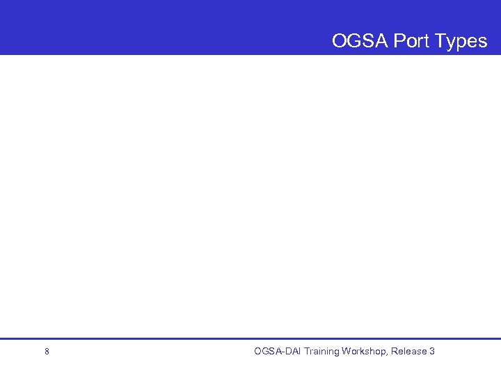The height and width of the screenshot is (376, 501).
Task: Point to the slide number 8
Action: click(47, 352)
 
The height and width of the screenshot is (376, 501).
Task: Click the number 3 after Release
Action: click(432, 351)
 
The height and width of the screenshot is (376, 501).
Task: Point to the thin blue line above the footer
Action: click(250, 339)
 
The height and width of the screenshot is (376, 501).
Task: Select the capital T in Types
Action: click(440, 41)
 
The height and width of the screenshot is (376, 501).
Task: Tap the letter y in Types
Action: click(452, 42)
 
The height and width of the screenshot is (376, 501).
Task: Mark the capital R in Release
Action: click(395, 351)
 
